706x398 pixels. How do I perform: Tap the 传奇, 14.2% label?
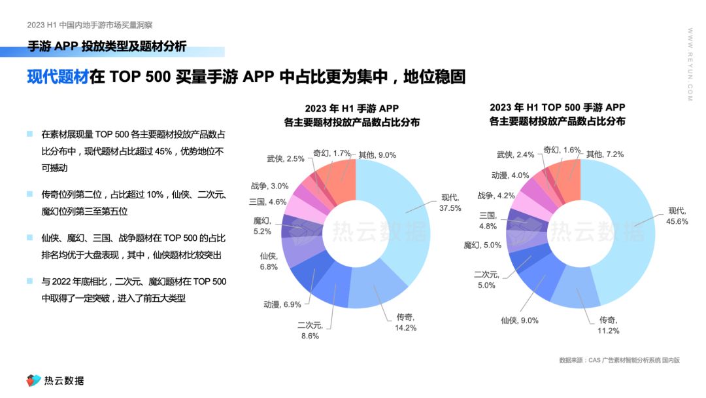[405, 322]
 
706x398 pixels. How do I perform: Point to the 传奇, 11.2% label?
[609, 325]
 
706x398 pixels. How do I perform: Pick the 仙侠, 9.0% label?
[520, 320]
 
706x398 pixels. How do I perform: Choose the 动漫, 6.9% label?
[282, 304]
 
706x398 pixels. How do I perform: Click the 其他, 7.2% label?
[605, 154]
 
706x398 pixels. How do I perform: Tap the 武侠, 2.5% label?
[286, 158]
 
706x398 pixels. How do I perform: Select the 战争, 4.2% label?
[496, 195]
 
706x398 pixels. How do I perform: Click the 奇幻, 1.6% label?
[562, 150]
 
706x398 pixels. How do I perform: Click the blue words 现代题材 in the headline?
[58, 77]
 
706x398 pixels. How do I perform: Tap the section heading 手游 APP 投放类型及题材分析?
[107, 46]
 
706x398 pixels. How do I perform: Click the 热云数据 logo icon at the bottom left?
[33, 380]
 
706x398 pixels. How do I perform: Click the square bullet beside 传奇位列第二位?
[29, 194]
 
